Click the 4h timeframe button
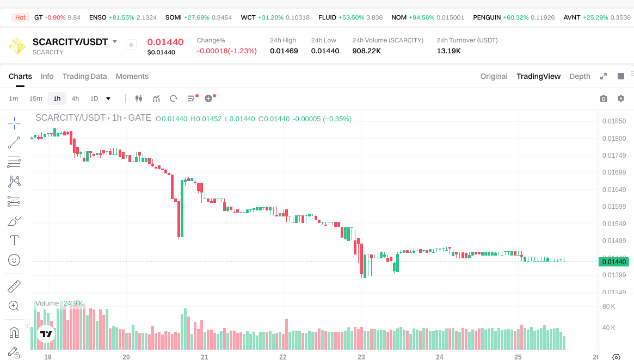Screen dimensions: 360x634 pos(75,98)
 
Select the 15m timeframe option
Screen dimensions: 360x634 pos(35,98)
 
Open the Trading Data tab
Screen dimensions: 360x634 pos(84,76)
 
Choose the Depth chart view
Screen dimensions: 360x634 pos(580,76)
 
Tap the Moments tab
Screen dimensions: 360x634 pos(132,76)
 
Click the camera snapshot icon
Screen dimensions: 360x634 pos(603,98)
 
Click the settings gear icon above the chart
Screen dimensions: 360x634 pos(620,98)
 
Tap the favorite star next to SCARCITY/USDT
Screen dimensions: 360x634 pos(131,45)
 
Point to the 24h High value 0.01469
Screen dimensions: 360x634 pos(284,51)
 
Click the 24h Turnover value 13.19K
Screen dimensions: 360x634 pos(448,51)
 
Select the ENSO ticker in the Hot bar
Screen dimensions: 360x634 pos(98,17)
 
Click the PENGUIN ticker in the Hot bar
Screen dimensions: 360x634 pos(487,17)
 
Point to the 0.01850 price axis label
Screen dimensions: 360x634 pos(614,121)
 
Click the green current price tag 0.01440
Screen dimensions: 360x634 pos(614,262)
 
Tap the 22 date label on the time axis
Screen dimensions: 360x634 pos(283,357)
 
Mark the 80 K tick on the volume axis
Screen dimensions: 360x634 pos(608,307)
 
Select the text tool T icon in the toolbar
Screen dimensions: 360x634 pos(14,240)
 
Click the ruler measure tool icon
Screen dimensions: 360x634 pos(14,286)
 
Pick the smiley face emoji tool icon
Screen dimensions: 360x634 pos(14,260)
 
